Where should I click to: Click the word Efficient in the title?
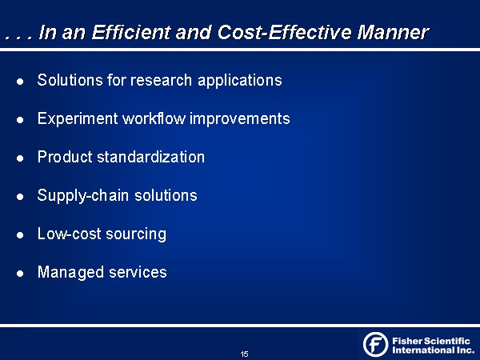(131, 32)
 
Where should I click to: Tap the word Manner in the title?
(393, 32)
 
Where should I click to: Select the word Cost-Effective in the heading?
(284, 32)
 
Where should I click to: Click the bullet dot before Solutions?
(20, 82)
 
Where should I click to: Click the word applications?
(240, 81)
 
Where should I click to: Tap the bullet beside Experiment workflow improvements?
(20, 120)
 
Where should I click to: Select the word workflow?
(154, 118)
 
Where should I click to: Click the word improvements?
(240, 119)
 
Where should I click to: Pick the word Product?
(65, 157)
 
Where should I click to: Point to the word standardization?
(150, 157)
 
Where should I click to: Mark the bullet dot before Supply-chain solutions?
(20, 197)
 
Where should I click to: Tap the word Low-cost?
(69, 234)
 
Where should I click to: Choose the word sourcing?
(136, 234)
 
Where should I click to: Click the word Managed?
(70, 273)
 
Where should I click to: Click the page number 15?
(244, 354)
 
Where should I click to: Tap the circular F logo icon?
(376, 344)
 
